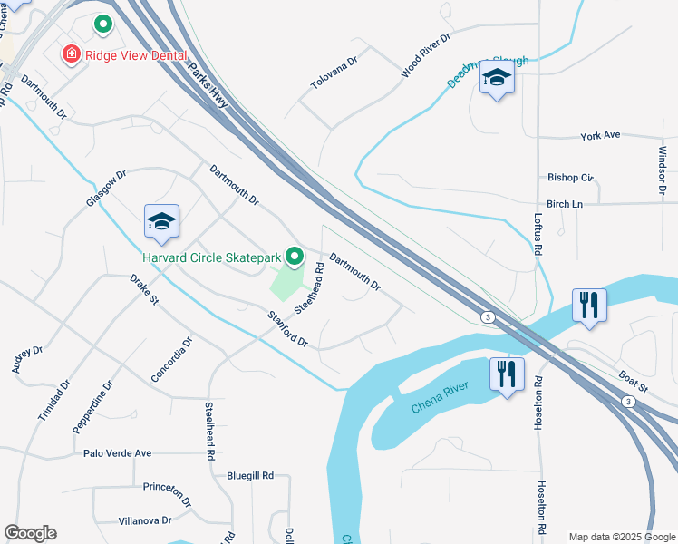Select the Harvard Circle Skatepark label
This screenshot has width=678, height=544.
[212, 258]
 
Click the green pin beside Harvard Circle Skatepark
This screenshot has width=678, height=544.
[295, 258]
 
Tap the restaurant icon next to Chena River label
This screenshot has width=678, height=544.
[506, 374]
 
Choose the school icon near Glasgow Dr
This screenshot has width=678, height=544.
[161, 221]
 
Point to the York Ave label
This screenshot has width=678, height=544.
[600, 135]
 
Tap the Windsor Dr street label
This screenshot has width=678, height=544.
[663, 171]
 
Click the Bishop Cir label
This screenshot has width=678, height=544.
[570, 178]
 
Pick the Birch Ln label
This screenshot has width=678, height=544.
[565, 205]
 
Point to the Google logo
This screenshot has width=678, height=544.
[30, 533]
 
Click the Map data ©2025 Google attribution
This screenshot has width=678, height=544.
[621, 537]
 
